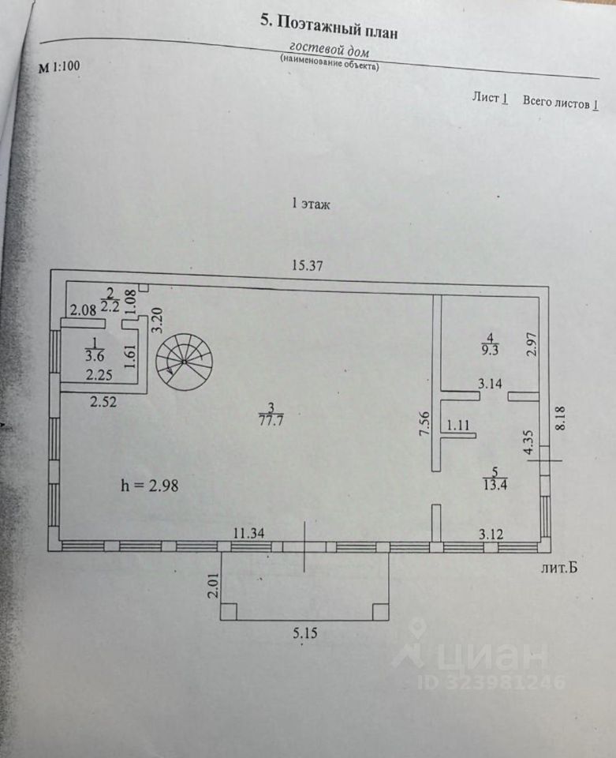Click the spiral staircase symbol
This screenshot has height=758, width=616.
point(184,361)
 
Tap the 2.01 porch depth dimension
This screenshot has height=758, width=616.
point(211,587)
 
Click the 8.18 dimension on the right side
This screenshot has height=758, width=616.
point(561,416)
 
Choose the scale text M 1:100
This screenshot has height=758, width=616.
point(59,67)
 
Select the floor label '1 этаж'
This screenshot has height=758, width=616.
point(311,204)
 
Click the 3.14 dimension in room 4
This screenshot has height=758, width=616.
point(490,384)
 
